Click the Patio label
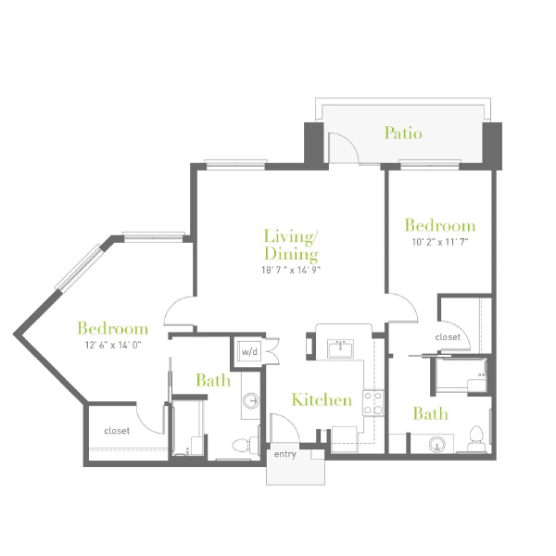point(403,133)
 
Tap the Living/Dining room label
point(291,245)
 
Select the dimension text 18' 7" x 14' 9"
point(291,271)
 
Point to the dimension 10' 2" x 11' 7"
point(440,242)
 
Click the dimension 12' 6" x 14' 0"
point(113,345)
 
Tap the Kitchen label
point(322,400)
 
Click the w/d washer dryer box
point(249,351)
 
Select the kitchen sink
point(340,349)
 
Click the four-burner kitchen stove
point(373,403)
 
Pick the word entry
point(285,454)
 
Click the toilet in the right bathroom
point(476,439)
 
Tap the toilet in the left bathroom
point(246,445)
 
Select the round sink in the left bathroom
point(251,400)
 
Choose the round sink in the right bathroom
point(436,444)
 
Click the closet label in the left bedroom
point(117,431)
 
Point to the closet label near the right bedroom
point(448,337)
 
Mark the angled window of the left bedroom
point(79,268)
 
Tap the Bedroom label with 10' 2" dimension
point(440,225)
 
